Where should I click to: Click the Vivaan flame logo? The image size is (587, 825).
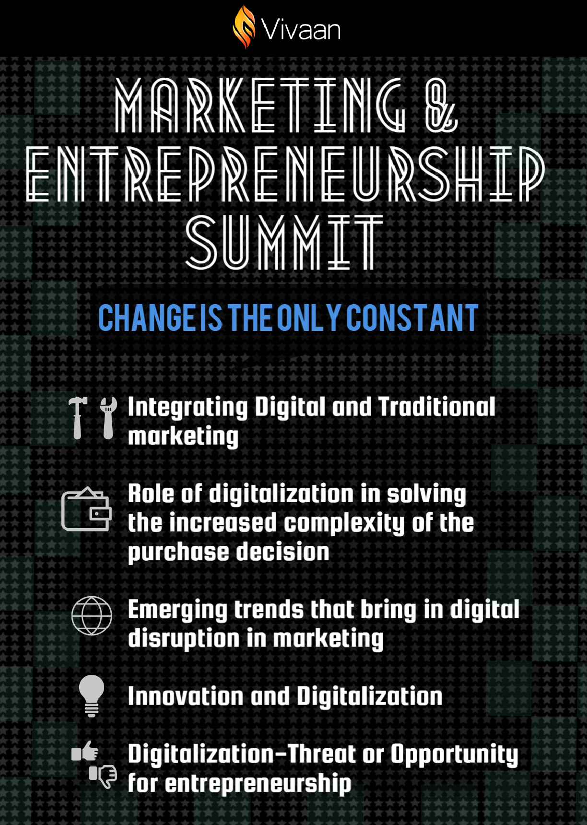tap(244, 27)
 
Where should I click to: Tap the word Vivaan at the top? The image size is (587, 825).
tap(301, 30)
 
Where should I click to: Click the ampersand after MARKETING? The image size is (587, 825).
tap(441, 106)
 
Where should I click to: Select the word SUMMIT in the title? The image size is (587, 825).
tap(284, 242)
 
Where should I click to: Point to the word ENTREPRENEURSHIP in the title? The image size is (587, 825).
tap(286, 174)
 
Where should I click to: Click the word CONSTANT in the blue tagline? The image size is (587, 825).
tap(412, 318)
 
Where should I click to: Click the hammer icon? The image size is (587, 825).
tap(78, 417)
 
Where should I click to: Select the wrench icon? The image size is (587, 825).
tap(108, 417)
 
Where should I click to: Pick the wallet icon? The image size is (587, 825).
tap(86, 509)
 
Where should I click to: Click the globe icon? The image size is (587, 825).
tap(92, 615)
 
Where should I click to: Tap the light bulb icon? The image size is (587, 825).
tap(92, 695)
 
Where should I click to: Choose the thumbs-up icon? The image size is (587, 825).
tap(85, 751)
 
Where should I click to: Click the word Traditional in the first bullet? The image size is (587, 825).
tap(437, 407)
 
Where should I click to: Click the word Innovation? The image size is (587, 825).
tap(186, 696)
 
